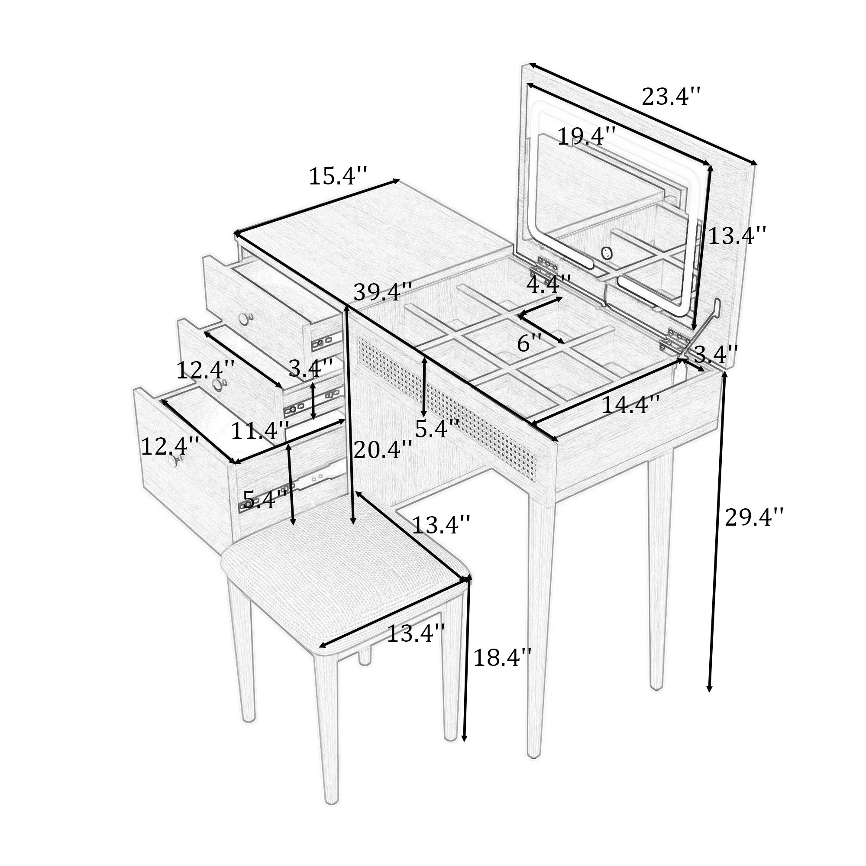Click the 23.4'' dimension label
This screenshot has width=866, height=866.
671,97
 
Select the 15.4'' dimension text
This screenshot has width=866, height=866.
338,176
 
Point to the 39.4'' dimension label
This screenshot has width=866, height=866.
382,292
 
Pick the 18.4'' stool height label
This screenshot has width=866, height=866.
502,658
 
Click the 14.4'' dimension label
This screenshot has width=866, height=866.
630,405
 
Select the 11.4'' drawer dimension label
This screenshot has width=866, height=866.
259,431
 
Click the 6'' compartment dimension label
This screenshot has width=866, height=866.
530,343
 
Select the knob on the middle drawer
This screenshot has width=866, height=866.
218,385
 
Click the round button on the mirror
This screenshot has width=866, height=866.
607,254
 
